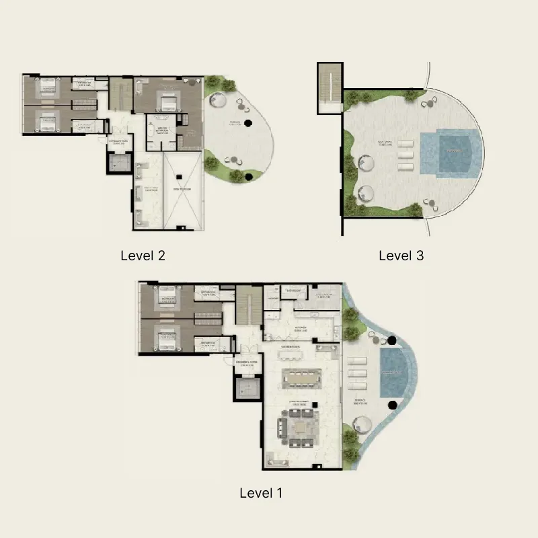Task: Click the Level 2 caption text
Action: tap(143, 256)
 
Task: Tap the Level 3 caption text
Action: tap(401, 256)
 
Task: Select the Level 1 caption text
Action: tap(261, 493)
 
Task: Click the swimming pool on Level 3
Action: tap(451, 153)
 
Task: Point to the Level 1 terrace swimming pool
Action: tap(393, 372)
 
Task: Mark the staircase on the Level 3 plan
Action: tap(330, 87)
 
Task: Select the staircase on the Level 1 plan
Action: tap(249, 305)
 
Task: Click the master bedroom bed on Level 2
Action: tap(168, 102)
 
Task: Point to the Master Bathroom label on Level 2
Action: tap(161, 130)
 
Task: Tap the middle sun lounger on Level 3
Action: tap(406, 154)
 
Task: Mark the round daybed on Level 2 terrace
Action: tap(218, 101)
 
